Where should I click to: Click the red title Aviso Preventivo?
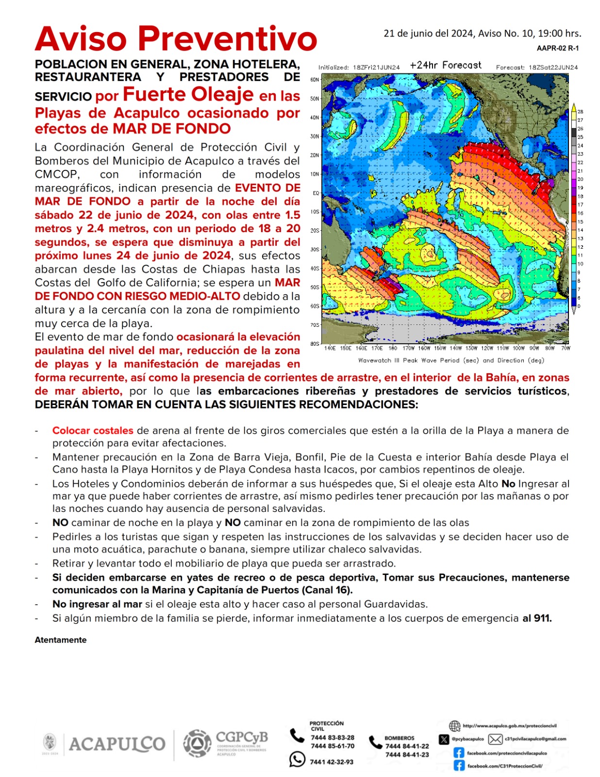point(176,39)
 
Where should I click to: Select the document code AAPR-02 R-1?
point(557,48)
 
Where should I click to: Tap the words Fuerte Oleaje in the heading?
point(188,94)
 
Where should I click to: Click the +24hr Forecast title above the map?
point(445,65)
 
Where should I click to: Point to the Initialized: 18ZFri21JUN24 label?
point(359,68)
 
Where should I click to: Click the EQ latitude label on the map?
point(316,193)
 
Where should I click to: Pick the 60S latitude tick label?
point(315,306)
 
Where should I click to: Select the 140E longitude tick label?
point(330,348)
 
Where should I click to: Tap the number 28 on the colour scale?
point(580,112)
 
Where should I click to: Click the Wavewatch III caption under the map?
point(451,360)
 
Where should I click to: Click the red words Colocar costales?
point(93,430)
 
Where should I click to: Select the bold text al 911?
point(537,618)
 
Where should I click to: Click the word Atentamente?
point(61,640)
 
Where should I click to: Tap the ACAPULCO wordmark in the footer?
point(117,744)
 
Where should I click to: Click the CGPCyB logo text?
point(241,737)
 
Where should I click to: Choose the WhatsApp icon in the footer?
point(297,759)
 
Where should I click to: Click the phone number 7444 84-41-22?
point(407,746)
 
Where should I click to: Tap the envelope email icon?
point(495,739)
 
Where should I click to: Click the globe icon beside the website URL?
point(454,726)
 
